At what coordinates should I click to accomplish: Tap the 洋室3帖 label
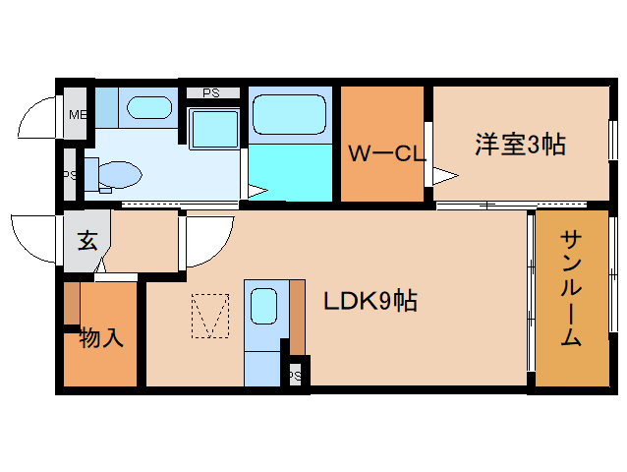(520, 146)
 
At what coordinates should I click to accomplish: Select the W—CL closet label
(384, 153)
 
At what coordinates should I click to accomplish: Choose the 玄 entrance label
(87, 240)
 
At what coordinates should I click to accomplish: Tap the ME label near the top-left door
(77, 115)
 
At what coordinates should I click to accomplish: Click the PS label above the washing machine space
(210, 93)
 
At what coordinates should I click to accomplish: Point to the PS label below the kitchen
(295, 375)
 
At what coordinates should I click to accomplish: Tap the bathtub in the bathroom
(289, 116)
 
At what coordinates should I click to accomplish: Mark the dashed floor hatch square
(211, 317)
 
